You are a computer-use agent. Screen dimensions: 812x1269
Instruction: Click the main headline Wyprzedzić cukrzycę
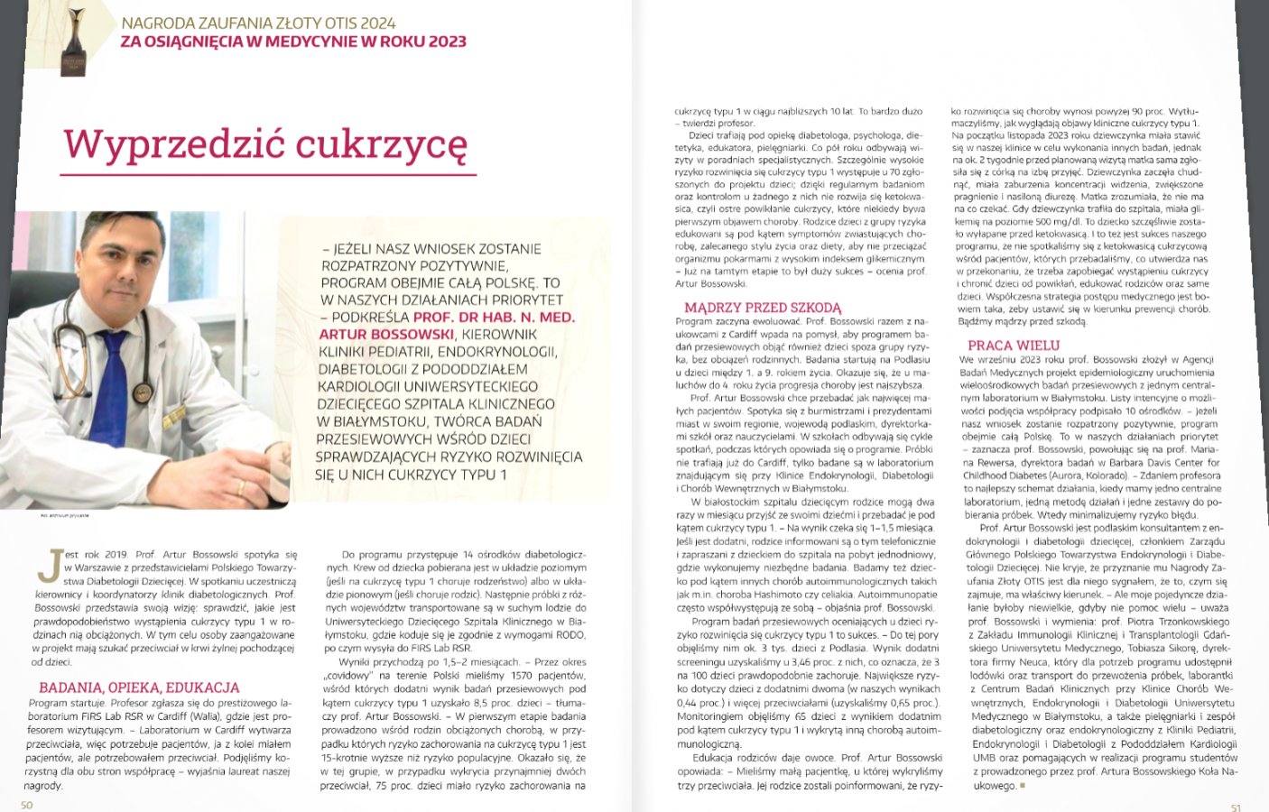265,143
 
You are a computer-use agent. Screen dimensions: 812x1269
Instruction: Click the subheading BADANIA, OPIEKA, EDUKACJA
139,687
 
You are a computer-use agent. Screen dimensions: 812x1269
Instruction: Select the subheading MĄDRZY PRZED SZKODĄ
763,308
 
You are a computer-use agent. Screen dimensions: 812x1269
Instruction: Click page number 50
27,805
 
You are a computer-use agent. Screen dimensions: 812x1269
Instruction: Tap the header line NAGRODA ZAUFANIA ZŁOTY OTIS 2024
258,23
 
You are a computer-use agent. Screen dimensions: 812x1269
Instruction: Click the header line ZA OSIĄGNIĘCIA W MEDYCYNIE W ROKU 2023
294,42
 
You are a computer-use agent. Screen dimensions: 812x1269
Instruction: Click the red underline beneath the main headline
268,174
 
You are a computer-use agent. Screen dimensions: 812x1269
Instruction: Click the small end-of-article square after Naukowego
1023,787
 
